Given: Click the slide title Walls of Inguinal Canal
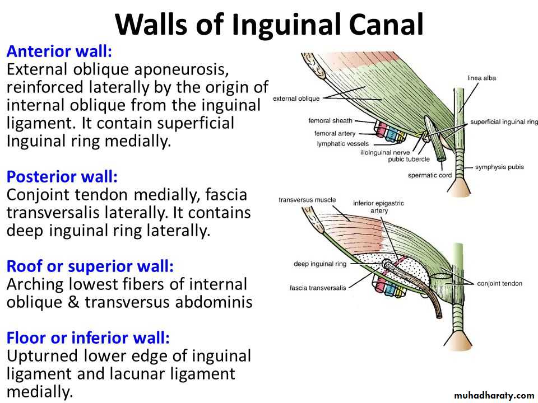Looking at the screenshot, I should click(269, 24).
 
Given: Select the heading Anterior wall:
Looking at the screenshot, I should click(59, 52).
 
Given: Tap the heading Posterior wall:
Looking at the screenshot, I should click(62, 177).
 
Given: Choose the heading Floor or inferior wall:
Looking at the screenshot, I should click(88, 338).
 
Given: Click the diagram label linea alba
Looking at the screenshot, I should click(481, 78).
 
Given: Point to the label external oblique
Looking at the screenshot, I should click(296, 99).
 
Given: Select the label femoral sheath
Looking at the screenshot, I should click(330, 120).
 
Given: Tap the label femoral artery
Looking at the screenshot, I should click(334, 133).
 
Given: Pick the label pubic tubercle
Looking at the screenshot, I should click(409, 159).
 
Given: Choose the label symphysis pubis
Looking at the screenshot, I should click(500, 167).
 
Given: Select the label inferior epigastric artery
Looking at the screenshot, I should click(378, 207).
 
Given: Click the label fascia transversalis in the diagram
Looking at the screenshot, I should click(318, 288).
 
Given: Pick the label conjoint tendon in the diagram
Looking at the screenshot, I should click(499, 284).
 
